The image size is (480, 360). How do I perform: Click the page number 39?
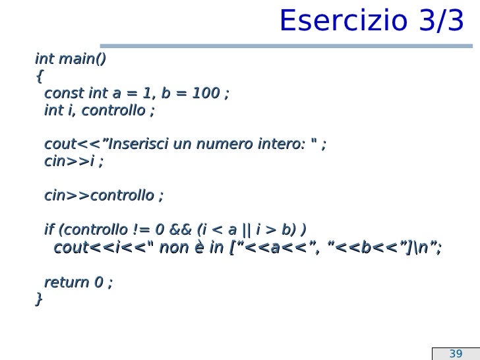point(456,353)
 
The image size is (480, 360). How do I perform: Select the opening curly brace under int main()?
point(38,76)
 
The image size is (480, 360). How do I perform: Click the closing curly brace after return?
point(38,299)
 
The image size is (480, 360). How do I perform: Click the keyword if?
point(49,230)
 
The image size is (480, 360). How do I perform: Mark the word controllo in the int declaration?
point(113,110)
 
